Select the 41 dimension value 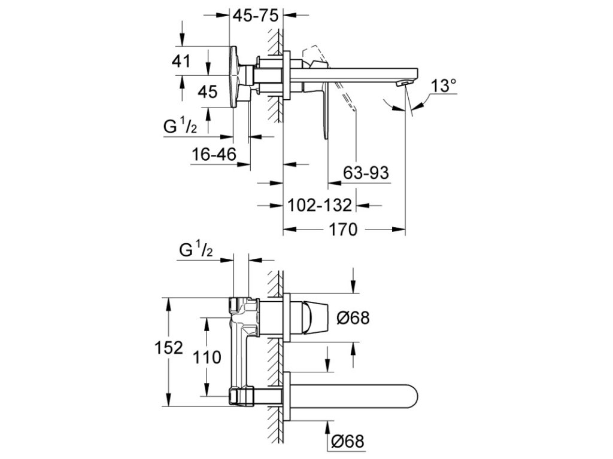pos(181,62)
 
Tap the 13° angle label pos(444,85)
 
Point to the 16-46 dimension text pos(214,155)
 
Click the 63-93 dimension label pos(366,172)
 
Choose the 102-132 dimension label pos(320,205)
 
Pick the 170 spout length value pos(342,229)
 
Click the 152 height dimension pos(168,347)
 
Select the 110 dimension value pos(207,357)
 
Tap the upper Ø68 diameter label pos(353,318)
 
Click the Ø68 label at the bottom pos(348,442)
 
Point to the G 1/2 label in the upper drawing pos(180,126)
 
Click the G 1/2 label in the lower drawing pos(196,249)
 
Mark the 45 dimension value pos(207,92)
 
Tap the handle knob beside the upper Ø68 pos(315,317)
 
